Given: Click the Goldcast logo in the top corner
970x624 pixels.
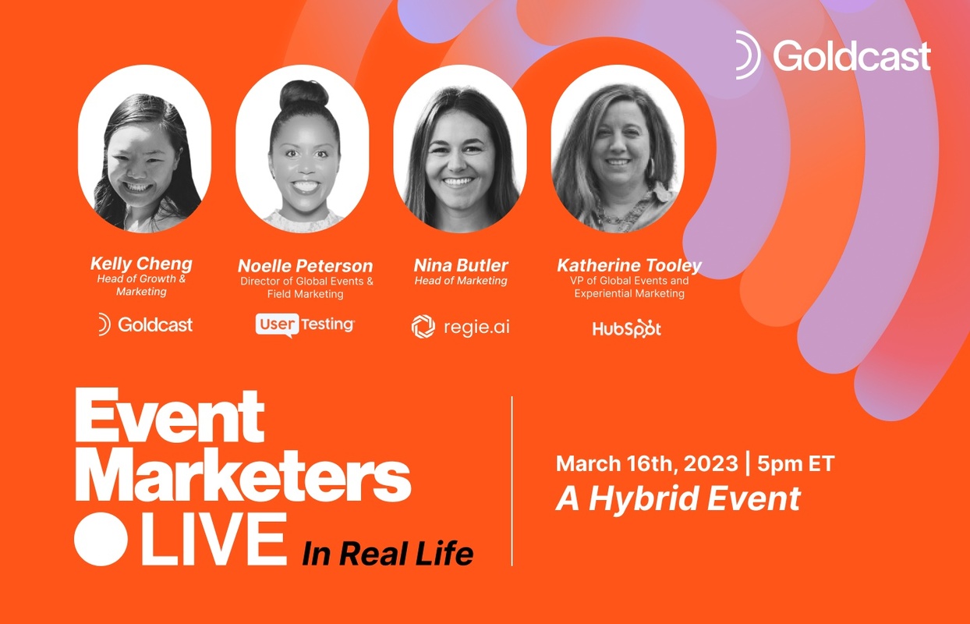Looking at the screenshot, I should [x=833, y=56].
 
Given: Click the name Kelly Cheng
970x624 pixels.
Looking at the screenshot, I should [x=141, y=264].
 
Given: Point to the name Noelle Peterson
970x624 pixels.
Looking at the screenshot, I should [x=305, y=265].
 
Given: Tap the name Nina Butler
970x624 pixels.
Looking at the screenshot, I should [x=461, y=265].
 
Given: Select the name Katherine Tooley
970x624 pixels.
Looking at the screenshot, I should [x=629, y=265].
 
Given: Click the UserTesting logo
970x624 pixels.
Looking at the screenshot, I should [x=305, y=324].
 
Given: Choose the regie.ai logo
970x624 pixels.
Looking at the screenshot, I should [x=461, y=327].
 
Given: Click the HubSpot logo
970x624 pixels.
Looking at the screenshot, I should [x=626, y=328].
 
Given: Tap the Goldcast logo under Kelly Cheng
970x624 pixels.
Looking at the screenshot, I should [x=145, y=324].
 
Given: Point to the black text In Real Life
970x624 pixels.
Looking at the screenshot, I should [x=388, y=553].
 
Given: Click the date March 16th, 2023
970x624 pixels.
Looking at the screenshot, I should [x=646, y=464].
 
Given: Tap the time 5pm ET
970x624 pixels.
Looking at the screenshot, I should [x=796, y=464].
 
